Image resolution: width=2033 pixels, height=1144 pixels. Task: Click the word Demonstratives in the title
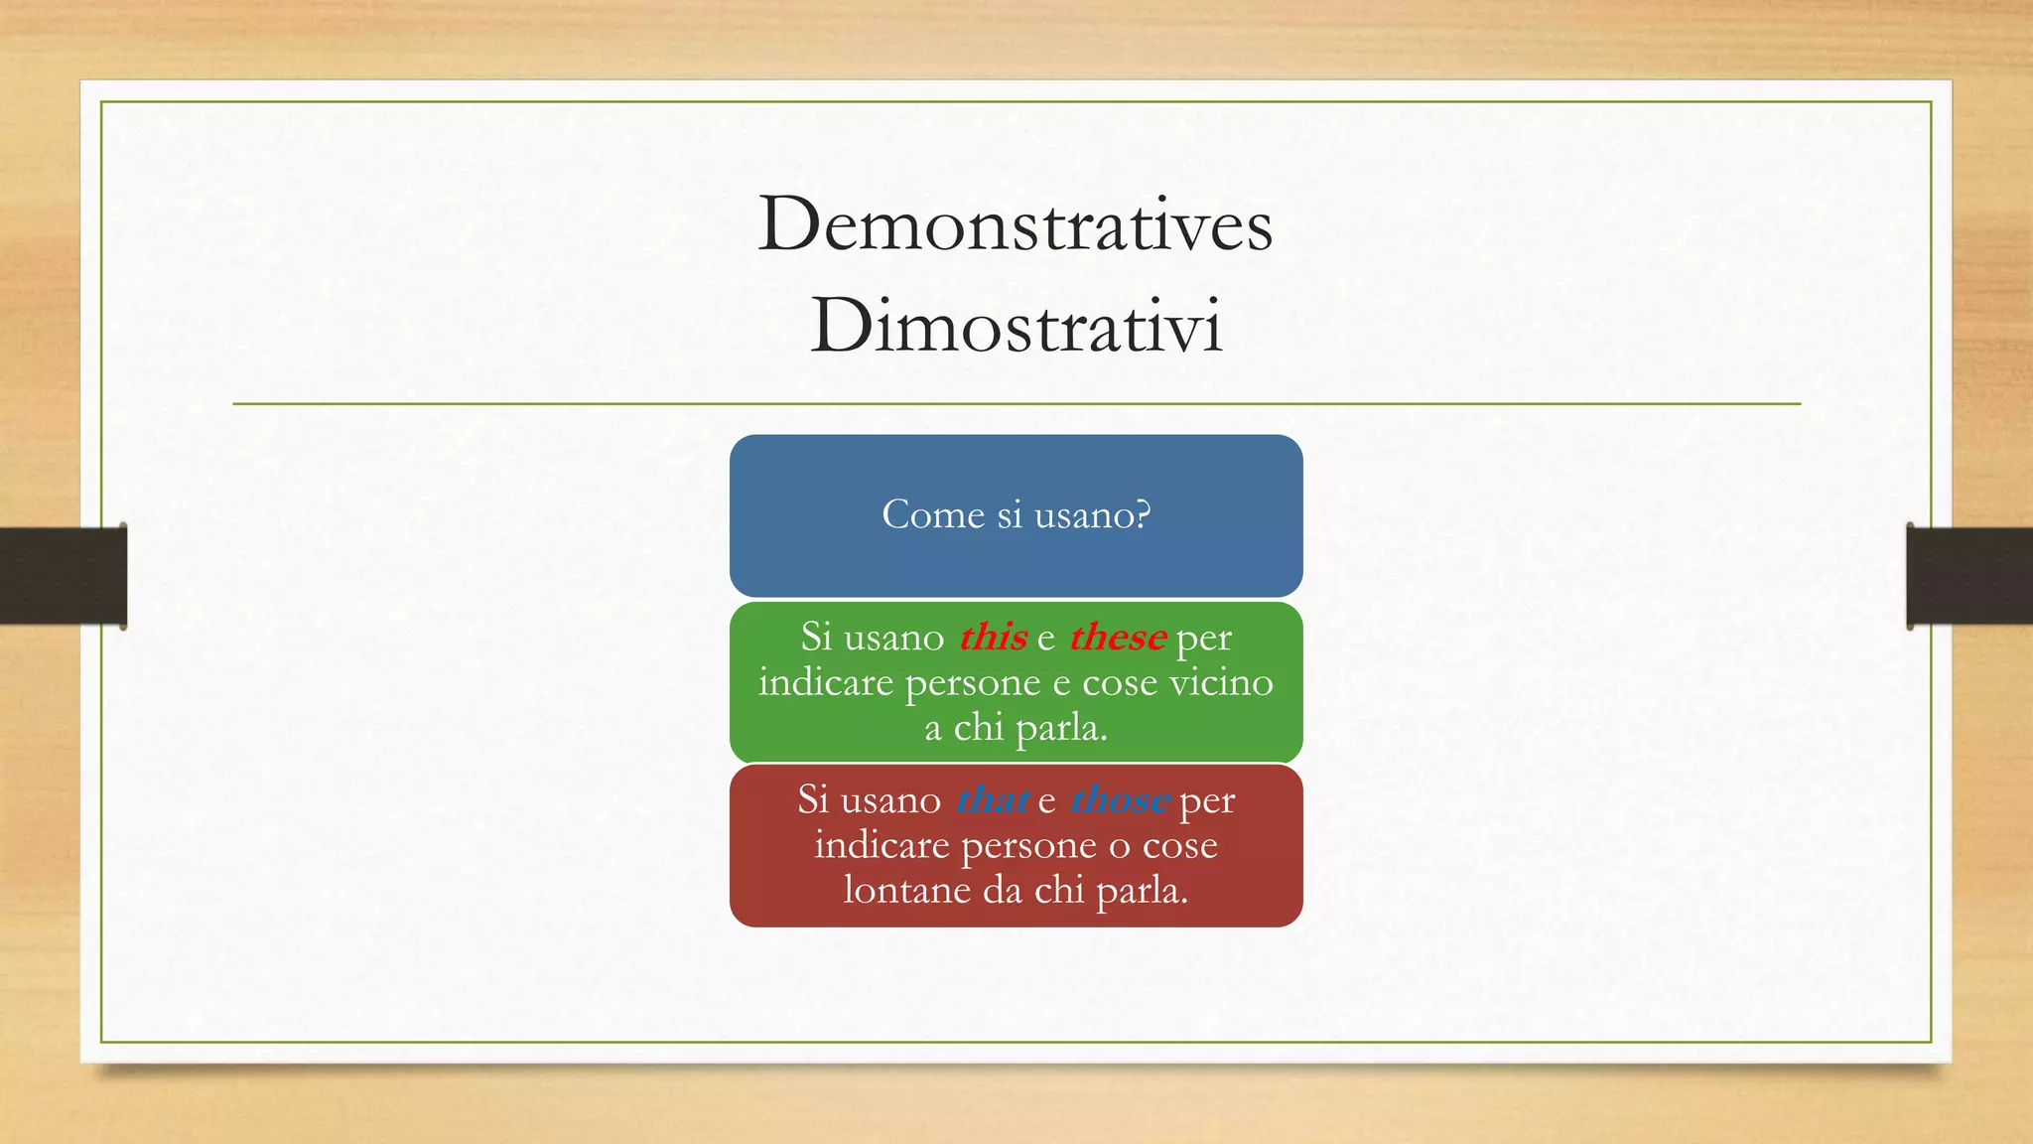pyautogui.click(x=1015, y=224)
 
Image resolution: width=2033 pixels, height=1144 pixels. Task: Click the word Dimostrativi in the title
pyautogui.click(x=1016, y=325)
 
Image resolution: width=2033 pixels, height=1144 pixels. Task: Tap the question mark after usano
pyautogui.click(x=1142, y=514)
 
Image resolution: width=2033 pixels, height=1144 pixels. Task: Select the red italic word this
pyautogui.click(x=993, y=637)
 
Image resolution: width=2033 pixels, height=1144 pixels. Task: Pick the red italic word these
pyautogui.click(x=1117, y=637)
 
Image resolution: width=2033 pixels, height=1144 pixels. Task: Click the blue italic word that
pyautogui.click(x=992, y=799)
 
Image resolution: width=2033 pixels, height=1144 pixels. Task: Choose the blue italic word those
pyautogui.click(x=1120, y=799)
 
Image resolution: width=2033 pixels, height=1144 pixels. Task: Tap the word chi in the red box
pyautogui.click(x=1059, y=890)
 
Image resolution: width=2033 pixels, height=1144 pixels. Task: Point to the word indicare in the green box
pyautogui.click(x=826, y=682)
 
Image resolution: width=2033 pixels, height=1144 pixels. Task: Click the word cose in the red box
pyautogui.click(x=1179, y=845)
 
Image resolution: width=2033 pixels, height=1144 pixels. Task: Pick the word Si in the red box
pyautogui.click(x=812, y=799)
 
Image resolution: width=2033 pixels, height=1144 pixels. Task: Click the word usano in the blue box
pyautogui.click(x=1079, y=514)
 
